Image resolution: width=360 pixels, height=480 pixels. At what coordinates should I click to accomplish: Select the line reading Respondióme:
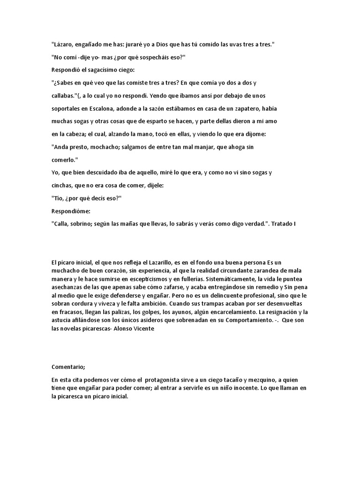[71, 211]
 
